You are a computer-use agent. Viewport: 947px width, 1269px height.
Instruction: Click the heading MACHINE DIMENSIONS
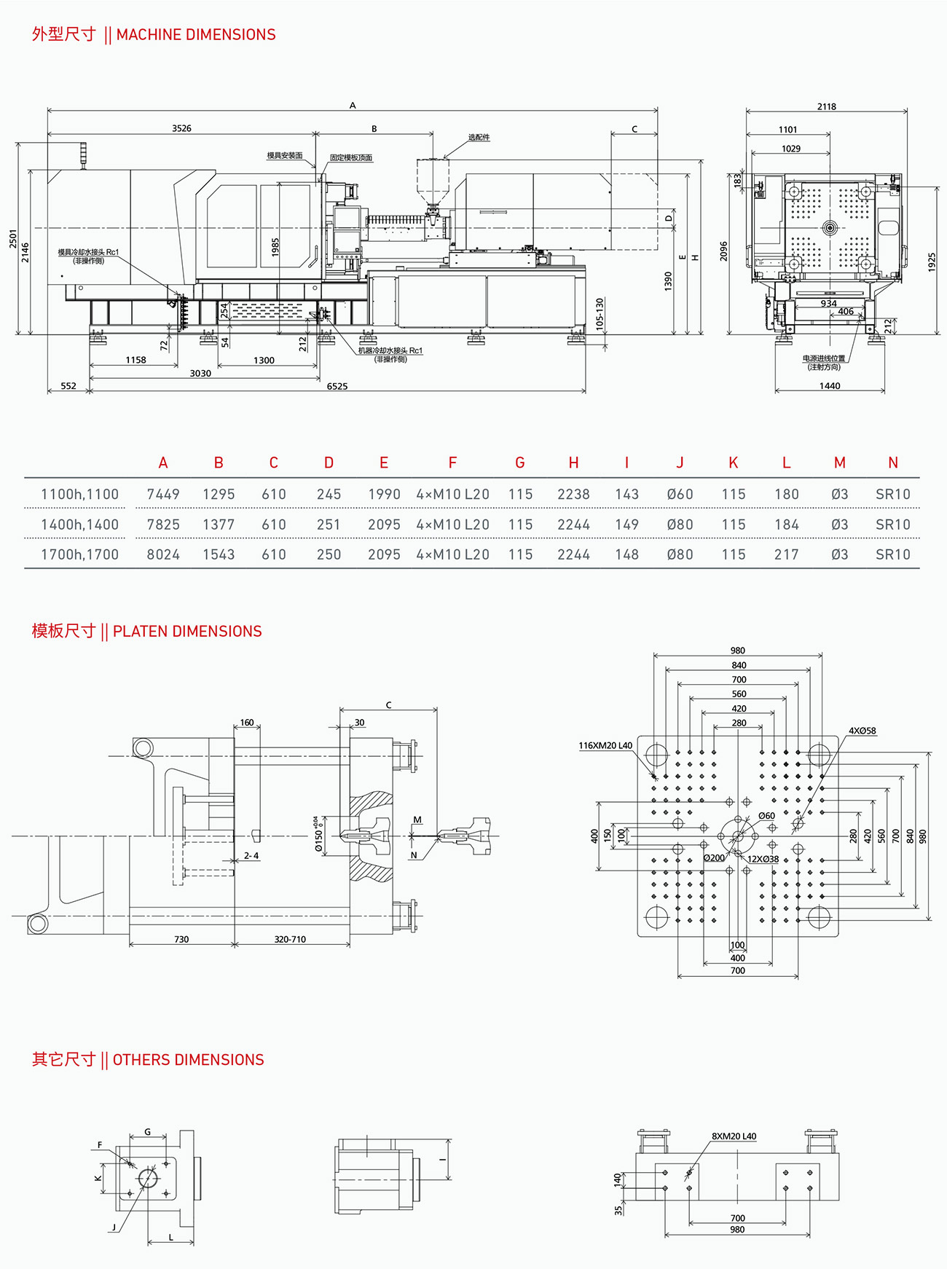click(195, 35)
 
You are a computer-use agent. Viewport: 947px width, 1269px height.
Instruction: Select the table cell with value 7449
click(163, 495)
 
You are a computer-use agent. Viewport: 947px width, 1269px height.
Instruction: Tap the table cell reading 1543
click(219, 555)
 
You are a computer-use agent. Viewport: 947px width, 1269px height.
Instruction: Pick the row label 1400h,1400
click(79, 525)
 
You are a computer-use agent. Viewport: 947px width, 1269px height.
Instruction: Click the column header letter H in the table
click(573, 463)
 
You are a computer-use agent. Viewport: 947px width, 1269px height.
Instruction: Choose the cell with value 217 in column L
click(786, 555)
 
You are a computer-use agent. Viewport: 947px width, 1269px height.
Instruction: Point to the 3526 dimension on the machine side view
click(181, 128)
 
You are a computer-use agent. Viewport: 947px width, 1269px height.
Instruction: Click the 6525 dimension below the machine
click(337, 386)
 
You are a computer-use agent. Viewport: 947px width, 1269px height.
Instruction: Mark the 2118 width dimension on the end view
click(826, 106)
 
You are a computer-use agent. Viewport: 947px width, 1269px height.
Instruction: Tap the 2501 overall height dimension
click(13, 238)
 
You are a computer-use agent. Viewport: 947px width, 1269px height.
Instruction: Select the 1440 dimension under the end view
click(829, 386)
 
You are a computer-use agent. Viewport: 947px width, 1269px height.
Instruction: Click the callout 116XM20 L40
click(605, 746)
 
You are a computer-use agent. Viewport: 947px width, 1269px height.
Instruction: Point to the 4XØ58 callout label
click(862, 731)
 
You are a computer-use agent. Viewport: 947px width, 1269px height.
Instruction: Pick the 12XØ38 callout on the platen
click(763, 860)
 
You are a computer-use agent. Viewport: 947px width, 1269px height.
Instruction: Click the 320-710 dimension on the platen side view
click(290, 940)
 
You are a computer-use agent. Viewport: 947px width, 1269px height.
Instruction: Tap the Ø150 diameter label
click(318, 838)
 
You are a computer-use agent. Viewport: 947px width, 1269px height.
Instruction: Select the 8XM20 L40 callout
click(734, 1136)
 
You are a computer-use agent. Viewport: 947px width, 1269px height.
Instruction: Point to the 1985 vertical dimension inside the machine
click(275, 247)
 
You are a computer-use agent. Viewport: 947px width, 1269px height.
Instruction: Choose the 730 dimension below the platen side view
click(181, 940)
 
